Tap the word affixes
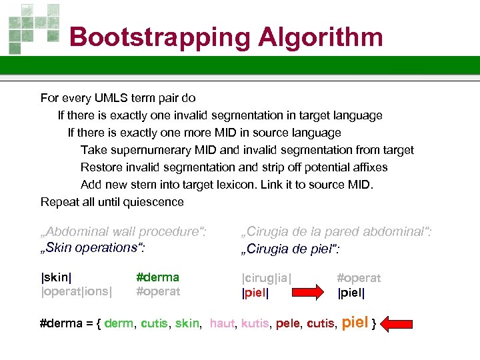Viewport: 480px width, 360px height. click(x=366, y=167)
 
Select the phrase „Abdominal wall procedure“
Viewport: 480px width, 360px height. click(x=124, y=231)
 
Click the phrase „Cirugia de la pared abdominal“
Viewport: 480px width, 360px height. click(x=336, y=232)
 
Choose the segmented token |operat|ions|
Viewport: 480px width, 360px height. click(x=77, y=291)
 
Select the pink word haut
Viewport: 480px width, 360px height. click(x=221, y=324)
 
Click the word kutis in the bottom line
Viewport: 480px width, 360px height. click(x=255, y=324)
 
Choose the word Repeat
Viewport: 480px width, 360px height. click(x=58, y=202)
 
